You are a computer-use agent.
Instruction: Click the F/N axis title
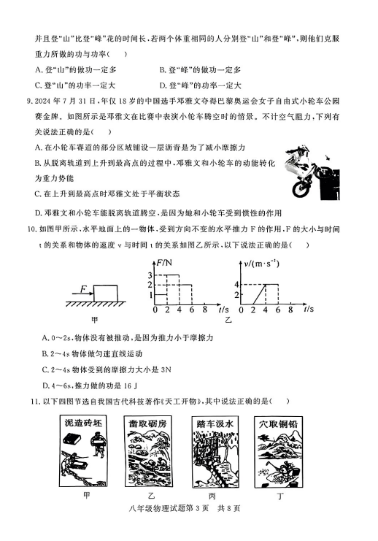pyautogui.click(x=164, y=263)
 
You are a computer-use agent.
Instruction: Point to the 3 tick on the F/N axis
pyautogui.click(x=150, y=275)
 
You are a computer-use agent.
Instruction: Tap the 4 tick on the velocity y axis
pyautogui.click(x=236, y=284)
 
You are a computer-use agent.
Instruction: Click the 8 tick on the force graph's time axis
pyautogui.click(x=205, y=310)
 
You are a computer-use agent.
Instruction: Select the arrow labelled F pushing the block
pyautogui.click(x=82, y=293)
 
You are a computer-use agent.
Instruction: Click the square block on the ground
pyautogui.click(x=106, y=293)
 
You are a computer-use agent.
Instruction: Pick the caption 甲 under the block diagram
pyautogui.click(x=94, y=320)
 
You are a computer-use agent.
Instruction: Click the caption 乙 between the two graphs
pyautogui.click(x=228, y=320)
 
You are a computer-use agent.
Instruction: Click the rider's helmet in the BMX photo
pyautogui.click(x=303, y=150)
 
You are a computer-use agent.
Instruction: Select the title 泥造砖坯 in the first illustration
pyautogui.click(x=83, y=422)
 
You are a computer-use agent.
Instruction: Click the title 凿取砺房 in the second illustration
pyautogui.click(x=147, y=423)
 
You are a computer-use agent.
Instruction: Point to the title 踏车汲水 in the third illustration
pyautogui.click(x=215, y=423)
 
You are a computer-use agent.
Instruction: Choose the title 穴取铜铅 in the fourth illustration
pyautogui.click(x=278, y=423)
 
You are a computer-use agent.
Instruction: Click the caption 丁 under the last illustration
pyautogui.click(x=280, y=496)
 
